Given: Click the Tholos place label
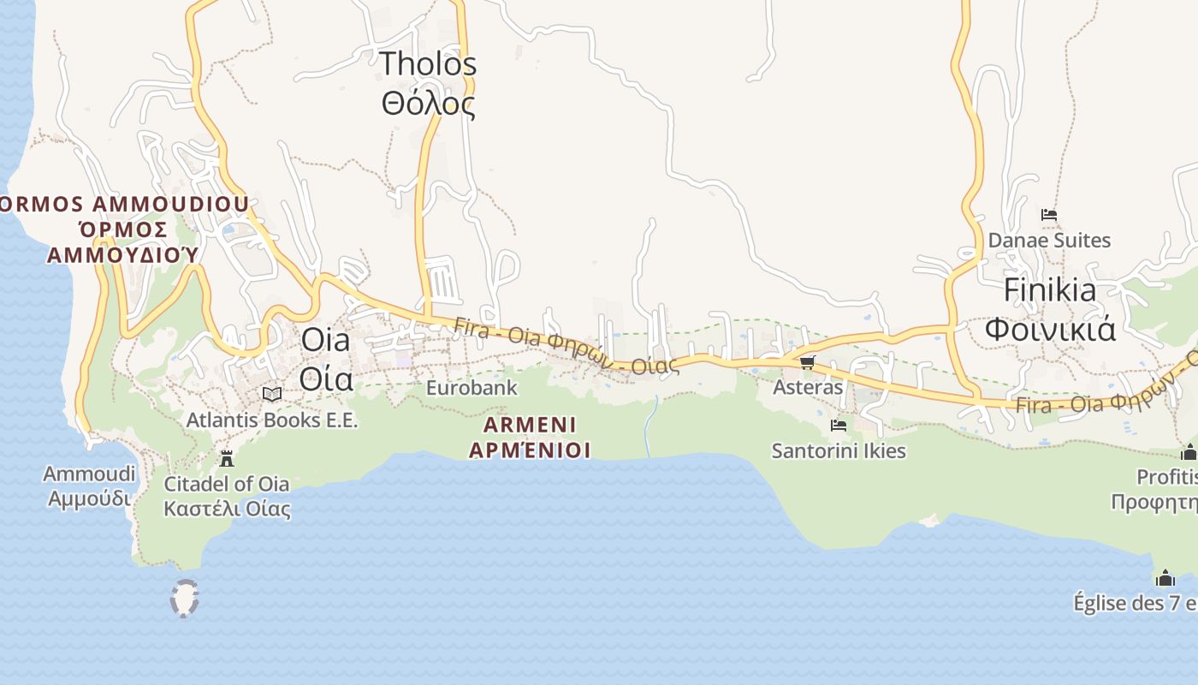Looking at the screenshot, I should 428,84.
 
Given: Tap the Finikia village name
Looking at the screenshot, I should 1050,309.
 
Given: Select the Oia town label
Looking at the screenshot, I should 326,359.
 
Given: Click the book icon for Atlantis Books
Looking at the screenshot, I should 272,394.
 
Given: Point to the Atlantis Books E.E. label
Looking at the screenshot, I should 272,420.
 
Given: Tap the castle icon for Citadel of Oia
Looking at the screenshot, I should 227,459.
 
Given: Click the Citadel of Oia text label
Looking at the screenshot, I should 227,496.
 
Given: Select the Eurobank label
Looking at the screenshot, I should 471,388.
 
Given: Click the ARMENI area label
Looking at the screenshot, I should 530,437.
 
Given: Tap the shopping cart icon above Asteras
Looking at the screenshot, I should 808,362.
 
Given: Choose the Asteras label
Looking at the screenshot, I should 808,387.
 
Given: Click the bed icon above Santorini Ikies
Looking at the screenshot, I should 839,425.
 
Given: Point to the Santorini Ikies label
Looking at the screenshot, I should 839,450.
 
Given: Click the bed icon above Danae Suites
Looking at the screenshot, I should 1049,215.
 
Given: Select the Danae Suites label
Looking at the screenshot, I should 1049,240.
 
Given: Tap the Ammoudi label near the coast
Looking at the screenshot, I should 89,485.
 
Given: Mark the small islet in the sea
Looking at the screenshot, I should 184,598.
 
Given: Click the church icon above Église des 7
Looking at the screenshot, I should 1165,579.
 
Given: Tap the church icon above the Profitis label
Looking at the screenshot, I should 1189,452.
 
